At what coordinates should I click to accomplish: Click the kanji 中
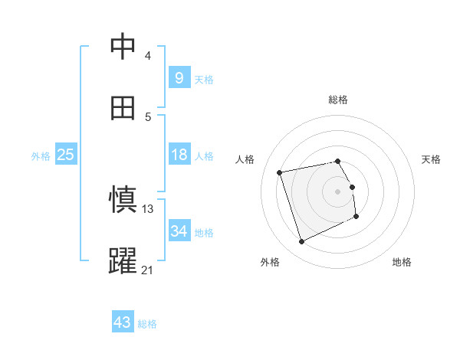pyautogui.click(x=123, y=47)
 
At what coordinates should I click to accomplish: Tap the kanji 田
pyautogui.click(x=123, y=108)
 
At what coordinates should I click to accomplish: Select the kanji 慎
pyautogui.click(x=123, y=200)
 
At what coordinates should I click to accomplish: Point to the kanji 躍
pyautogui.click(x=123, y=261)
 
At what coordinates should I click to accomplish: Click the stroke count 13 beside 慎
pyautogui.click(x=148, y=208)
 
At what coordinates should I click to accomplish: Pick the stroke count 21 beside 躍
pyautogui.click(x=148, y=270)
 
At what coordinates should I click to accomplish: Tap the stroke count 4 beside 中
pyautogui.click(x=148, y=55)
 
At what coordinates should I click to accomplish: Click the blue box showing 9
pyautogui.click(x=179, y=77)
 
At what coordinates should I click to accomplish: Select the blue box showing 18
pyautogui.click(x=179, y=155)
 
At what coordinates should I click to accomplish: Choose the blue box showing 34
pyautogui.click(x=179, y=231)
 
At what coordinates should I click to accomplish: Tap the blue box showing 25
pyautogui.click(x=65, y=155)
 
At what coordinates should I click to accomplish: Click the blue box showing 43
pyautogui.click(x=123, y=322)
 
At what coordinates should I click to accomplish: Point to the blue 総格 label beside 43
pyautogui.click(x=147, y=324)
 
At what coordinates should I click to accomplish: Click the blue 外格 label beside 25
pyautogui.click(x=41, y=156)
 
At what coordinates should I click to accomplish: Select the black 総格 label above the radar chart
pyautogui.click(x=338, y=100)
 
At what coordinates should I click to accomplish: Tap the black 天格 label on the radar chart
pyautogui.click(x=431, y=159)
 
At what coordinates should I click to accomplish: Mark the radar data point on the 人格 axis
pyautogui.click(x=280, y=172)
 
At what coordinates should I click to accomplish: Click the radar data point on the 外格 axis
pyautogui.click(x=301, y=242)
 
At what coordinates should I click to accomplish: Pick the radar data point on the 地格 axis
pyautogui.click(x=356, y=217)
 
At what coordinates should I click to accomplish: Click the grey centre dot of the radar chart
pyautogui.click(x=338, y=191)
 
